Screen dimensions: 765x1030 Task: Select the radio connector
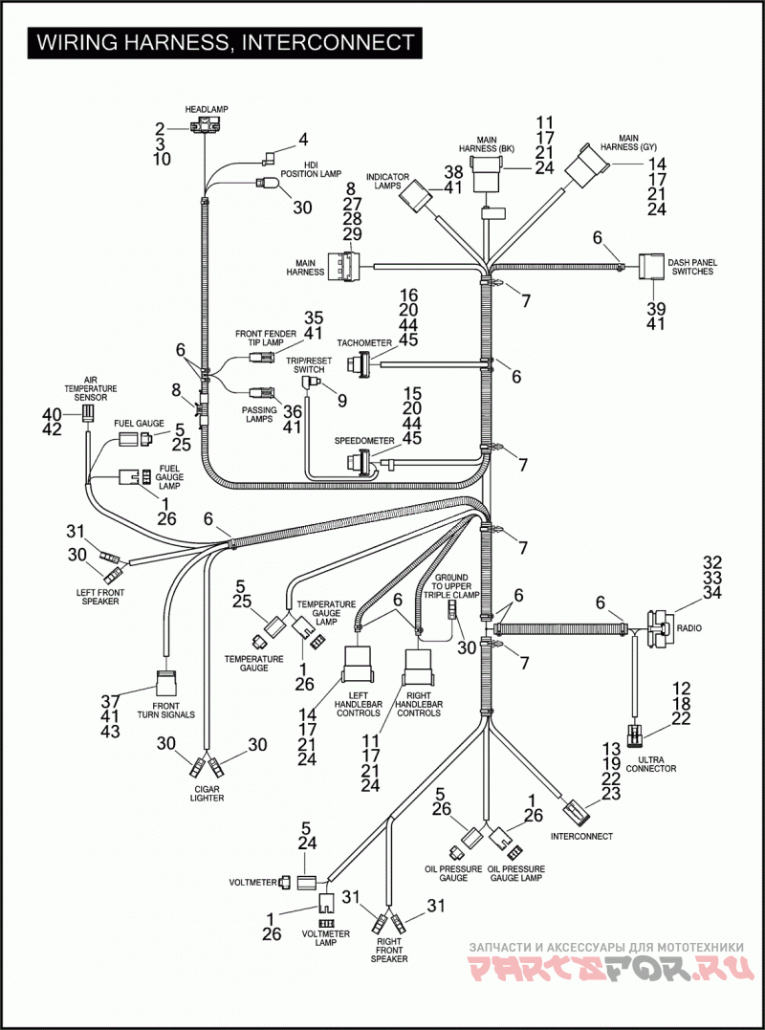pyautogui.click(x=659, y=629)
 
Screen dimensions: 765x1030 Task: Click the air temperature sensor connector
pyautogui.click(x=87, y=413)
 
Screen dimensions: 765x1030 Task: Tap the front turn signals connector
pyautogui.click(x=165, y=683)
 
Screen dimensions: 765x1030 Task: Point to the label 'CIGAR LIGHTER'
pyautogui.click(x=207, y=794)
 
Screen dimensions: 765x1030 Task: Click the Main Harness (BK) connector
pyautogui.click(x=488, y=175)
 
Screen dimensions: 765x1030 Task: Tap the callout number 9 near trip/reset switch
pyautogui.click(x=340, y=399)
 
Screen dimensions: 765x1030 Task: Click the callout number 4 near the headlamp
pyautogui.click(x=303, y=140)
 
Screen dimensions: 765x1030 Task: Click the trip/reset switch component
pyautogui.click(x=309, y=382)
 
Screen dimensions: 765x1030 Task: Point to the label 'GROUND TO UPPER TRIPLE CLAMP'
pyautogui.click(x=456, y=584)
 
